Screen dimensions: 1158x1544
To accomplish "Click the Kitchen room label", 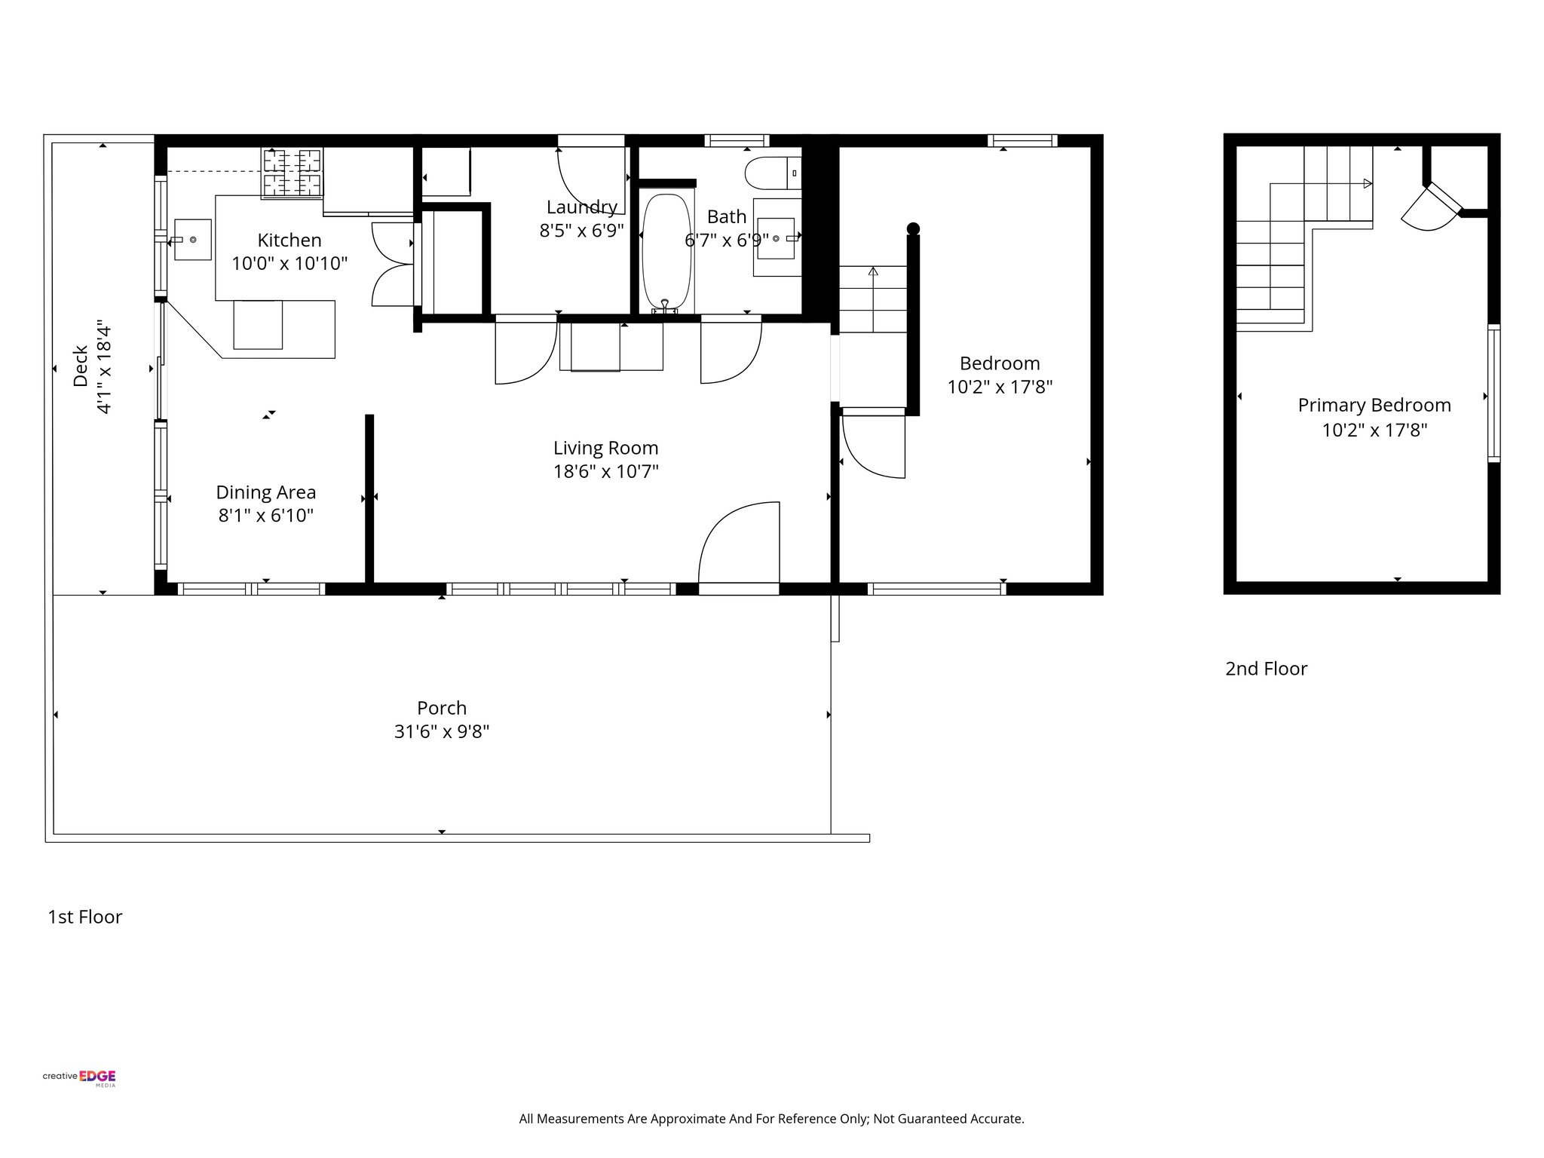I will click(x=289, y=240).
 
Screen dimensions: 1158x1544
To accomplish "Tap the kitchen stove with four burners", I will click(x=292, y=173).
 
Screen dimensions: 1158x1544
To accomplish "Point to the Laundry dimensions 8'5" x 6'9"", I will click(x=581, y=231).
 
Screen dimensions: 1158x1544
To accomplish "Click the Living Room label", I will click(x=605, y=448).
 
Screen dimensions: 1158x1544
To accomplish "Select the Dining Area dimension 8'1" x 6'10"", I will click(x=265, y=516).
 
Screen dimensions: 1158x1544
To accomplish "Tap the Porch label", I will click(x=442, y=708).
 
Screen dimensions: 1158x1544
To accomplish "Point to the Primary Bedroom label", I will click(x=1374, y=406).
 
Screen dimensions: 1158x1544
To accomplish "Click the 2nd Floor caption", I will click(x=1266, y=669).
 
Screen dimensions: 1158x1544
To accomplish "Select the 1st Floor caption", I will click(x=84, y=917).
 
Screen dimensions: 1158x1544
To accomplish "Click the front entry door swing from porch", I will click(x=739, y=544).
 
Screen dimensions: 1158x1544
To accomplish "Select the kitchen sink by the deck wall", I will click(x=192, y=239).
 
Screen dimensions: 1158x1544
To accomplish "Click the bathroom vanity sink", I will click(x=776, y=239).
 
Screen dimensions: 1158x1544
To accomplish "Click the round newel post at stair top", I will click(x=913, y=228).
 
